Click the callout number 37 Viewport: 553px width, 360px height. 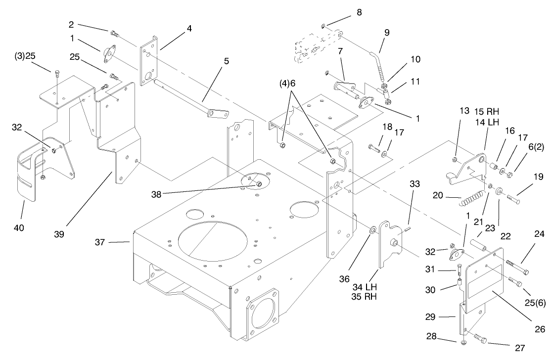coord(101,242)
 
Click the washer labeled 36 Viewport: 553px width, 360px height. coord(371,231)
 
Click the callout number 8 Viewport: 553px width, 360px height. coord(359,12)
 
